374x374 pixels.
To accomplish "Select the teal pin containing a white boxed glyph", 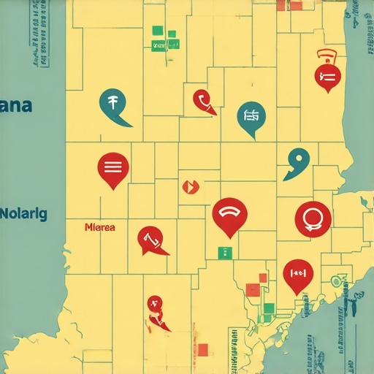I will tap(251, 116).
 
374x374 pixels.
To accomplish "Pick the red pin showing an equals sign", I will tap(327, 75).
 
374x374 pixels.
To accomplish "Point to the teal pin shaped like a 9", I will tap(297, 159).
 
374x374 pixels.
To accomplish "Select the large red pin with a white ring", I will tap(313, 217).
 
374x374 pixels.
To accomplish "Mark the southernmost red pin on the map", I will tap(156, 309).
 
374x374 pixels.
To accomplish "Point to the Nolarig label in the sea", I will tap(23, 215).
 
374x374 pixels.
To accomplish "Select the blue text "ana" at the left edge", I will tap(16, 105).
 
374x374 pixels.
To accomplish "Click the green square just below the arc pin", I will tap(224, 253).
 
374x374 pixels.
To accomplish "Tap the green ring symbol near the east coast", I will tap(336, 280).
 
